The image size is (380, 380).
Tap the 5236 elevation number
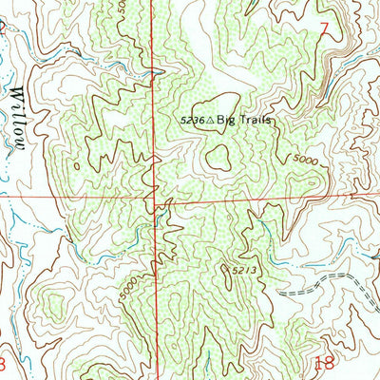point(192,121)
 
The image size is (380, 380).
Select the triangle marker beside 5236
point(210,121)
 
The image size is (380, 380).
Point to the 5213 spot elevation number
point(243,271)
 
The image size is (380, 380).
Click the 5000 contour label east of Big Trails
point(304,162)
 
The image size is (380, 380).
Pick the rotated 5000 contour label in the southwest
point(129,290)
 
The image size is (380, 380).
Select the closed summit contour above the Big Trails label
point(216,103)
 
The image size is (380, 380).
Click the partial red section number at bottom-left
point(3,364)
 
